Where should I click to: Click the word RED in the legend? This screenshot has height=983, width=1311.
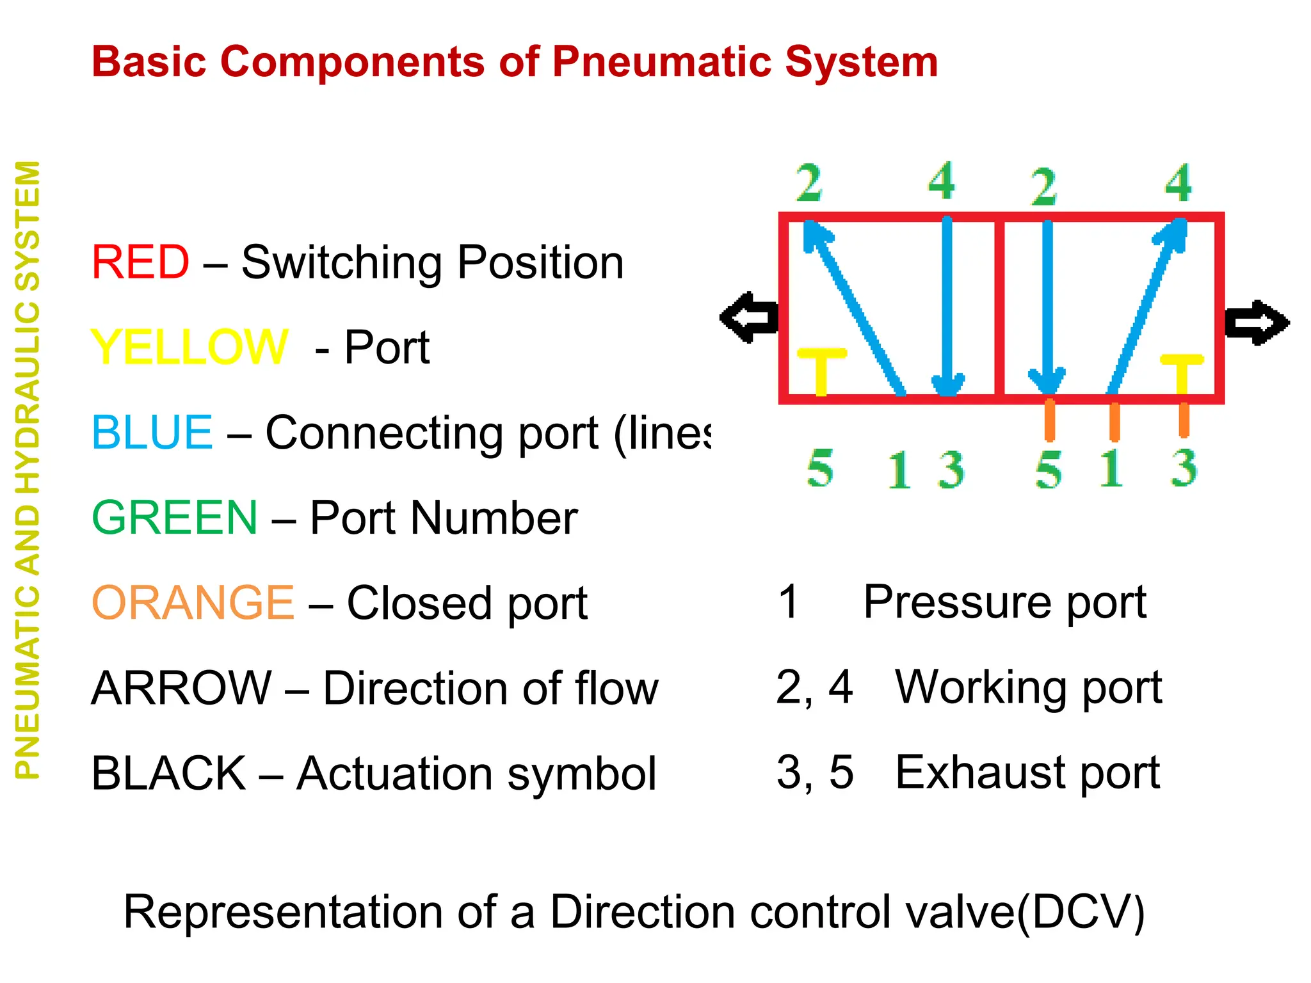click(140, 262)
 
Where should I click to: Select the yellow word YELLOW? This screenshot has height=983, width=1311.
click(189, 348)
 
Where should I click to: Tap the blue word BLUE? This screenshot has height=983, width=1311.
click(152, 433)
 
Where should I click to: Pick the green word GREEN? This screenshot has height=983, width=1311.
click(175, 518)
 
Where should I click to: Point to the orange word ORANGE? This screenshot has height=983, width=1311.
click(193, 603)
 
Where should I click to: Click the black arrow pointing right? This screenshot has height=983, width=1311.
click(1257, 323)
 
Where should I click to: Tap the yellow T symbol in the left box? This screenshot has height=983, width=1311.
click(821, 370)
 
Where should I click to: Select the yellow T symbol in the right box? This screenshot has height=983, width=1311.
click(1182, 372)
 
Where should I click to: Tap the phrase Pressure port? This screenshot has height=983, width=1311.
click(1004, 602)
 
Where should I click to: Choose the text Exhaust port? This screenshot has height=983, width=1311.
click(1027, 772)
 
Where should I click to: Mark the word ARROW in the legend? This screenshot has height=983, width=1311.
click(181, 689)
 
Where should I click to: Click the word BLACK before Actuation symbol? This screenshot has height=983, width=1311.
click(168, 774)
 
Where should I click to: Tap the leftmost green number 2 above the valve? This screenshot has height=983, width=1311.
click(809, 183)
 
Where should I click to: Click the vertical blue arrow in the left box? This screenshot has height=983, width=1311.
click(947, 307)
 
